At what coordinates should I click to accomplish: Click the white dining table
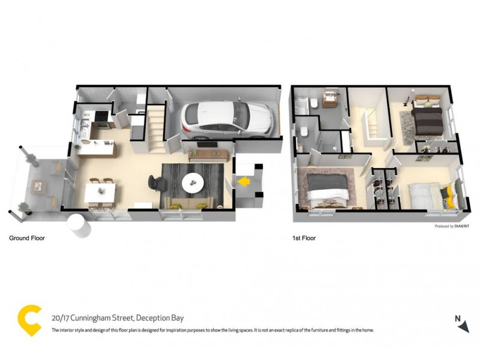point(100,192)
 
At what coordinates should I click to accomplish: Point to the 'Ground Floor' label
point(26,238)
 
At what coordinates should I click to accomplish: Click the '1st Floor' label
point(304,238)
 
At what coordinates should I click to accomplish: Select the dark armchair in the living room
point(154,181)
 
